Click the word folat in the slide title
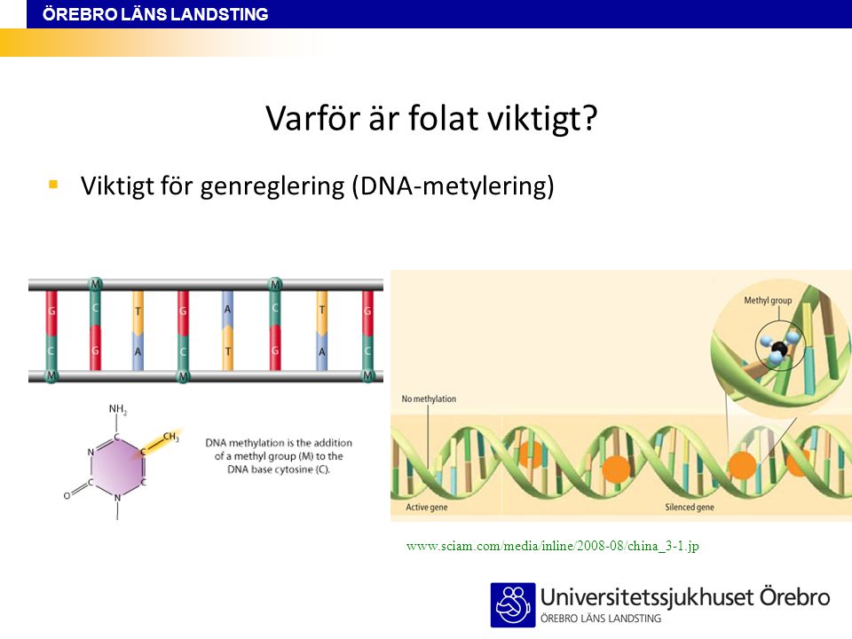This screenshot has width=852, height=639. tap(443, 118)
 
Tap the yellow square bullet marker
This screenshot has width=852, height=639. tap(53, 185)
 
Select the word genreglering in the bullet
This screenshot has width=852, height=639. tap(272, 187)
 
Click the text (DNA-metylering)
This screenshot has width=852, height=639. tap(454, 186)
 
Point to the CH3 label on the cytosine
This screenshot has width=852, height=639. tap(170, 437)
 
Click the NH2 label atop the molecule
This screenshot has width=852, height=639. tap(118, 409)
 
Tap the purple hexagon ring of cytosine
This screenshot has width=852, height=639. tap(117, 466)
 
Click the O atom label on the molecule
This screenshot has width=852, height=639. tap(67, 495)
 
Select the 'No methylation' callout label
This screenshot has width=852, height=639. tap(429, 398)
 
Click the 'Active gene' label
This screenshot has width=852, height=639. tap(427, 507)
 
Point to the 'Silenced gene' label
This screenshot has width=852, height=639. tap(690, 507)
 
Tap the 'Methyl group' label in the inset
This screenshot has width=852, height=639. tap(768, 300)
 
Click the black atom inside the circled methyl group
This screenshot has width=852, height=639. tap(779, 349)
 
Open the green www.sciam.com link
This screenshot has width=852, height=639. tap(552, 546)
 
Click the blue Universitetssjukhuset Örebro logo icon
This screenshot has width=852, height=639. tap(513, 604)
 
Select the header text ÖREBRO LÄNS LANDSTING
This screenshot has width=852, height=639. tap(155, 14)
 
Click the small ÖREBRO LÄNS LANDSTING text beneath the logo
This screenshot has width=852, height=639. tap(601, 619)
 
